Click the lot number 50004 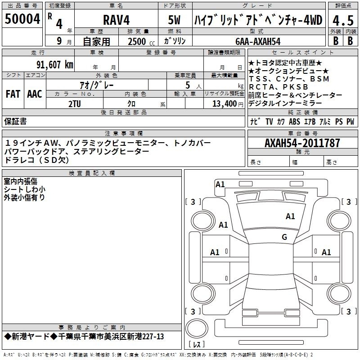(x=22, y=19)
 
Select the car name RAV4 (x=117, y=20)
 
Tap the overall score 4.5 (x=343, y=21)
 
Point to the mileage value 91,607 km (x=55, y=65)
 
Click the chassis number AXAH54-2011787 (x=302, y=143)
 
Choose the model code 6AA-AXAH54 (x=258, y=41)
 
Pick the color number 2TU (x=75, y=104)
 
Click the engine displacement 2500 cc (x=141, y=41)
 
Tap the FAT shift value (x=13, y=94)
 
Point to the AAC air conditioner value (x=35, y=94)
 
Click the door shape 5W (x=174, y=20)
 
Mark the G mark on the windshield (x=284, y=237)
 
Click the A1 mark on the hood (x=290, y=216)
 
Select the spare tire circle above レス (x=197, y=328)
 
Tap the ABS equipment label (x=294, y=121)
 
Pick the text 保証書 (x=15, y=121)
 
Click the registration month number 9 (x=59, y=41)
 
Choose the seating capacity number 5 (x=188, y=85)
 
